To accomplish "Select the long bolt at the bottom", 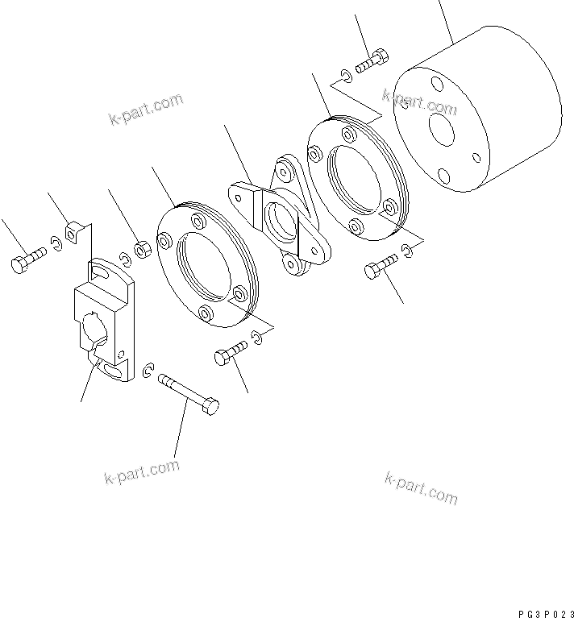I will tap(189, 394).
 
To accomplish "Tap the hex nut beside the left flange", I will tap(142, 251).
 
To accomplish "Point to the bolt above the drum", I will tap(370, 62).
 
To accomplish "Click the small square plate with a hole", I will tap(74, 233).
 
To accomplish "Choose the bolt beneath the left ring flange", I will tap(231, 352).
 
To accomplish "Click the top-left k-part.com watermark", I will tap(145, 110).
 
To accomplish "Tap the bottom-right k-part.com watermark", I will tap(420, 487).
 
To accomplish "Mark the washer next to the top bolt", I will tap(345, 75).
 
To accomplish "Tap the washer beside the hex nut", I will tap(125, 258).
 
